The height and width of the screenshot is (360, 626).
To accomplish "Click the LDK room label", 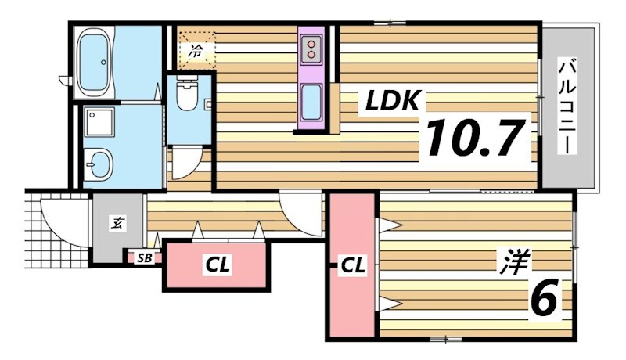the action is click(393, 100).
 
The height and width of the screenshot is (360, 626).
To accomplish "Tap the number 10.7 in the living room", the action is click(475, 138).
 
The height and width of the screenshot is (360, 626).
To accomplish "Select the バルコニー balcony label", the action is click(568, 107).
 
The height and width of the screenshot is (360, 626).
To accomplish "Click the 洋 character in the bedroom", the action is click(515, 261).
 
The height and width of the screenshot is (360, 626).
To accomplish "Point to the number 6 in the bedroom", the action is click(545, 297).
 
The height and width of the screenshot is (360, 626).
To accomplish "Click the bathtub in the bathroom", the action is click(95, 62).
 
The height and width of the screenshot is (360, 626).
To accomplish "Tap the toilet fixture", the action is click(186, 95).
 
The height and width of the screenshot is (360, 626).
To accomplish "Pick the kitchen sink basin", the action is click(311, 103).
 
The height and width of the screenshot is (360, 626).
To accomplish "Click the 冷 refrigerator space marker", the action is click(196, 51).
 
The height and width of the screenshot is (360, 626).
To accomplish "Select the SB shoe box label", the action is click(145, 258).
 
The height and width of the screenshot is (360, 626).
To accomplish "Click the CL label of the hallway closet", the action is click(218, 265).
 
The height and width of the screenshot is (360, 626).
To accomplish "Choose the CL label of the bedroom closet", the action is click(352, 265).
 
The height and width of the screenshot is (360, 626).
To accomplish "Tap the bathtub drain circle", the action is click(104, 62).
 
